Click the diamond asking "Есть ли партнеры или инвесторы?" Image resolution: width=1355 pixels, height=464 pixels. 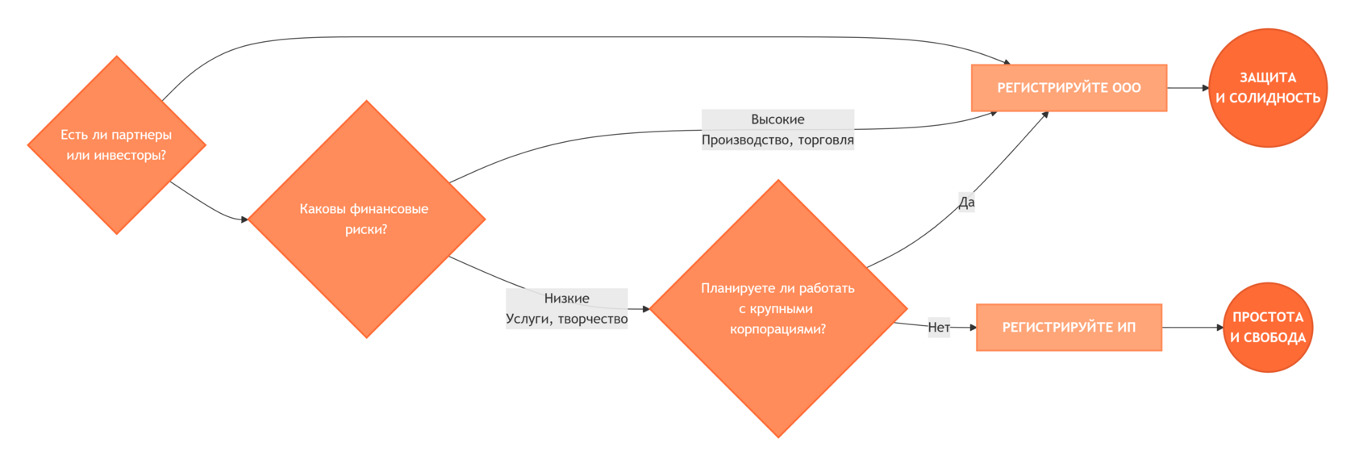117,145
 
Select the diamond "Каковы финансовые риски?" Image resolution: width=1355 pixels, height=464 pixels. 366,219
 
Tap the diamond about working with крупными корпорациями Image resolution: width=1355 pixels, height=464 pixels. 778,308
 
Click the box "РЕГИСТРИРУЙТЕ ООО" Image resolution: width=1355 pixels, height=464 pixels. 1069,88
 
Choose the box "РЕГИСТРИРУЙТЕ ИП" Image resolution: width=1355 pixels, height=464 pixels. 1069,328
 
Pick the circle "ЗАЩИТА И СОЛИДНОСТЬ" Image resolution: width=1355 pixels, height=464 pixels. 1268,88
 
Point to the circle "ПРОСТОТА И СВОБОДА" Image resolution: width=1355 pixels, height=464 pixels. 1268,328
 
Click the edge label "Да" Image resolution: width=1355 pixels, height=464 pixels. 966,202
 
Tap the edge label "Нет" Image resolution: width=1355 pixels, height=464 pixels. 939,328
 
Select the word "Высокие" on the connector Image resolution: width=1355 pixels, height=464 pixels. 778,119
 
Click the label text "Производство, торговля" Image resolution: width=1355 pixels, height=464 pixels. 778,140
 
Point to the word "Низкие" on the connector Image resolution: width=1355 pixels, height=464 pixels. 567,299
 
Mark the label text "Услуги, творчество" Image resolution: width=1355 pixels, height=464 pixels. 567,319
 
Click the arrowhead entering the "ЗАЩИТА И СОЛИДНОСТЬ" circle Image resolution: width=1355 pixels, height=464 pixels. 1206,88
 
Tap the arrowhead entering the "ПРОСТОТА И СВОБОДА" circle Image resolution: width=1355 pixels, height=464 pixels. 1220,328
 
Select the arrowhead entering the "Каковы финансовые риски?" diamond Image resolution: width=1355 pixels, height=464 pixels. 244,219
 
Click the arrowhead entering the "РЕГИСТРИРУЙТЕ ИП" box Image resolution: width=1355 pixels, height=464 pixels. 973,328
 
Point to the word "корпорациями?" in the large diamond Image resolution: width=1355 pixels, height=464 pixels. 778,330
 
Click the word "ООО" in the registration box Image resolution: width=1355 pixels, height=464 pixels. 1126,88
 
